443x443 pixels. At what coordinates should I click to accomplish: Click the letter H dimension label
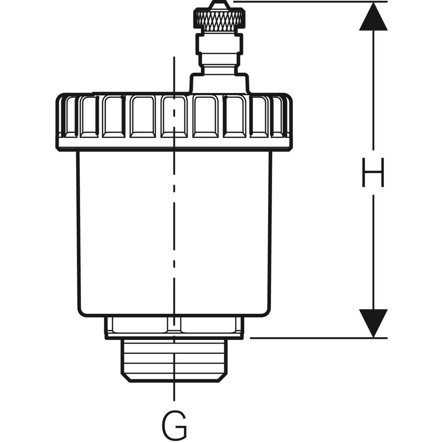pos(373,172)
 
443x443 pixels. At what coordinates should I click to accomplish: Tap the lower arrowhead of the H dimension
pos(373,323)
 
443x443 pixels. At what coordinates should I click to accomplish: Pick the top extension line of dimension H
pos(310,1)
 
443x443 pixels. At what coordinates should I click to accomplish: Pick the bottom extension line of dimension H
pos(317,337)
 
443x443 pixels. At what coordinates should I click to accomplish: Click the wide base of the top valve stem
pos(219,83)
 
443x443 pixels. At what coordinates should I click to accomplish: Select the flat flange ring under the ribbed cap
pos(174,144)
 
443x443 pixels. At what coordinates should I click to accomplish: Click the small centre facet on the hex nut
pos(174,324)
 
